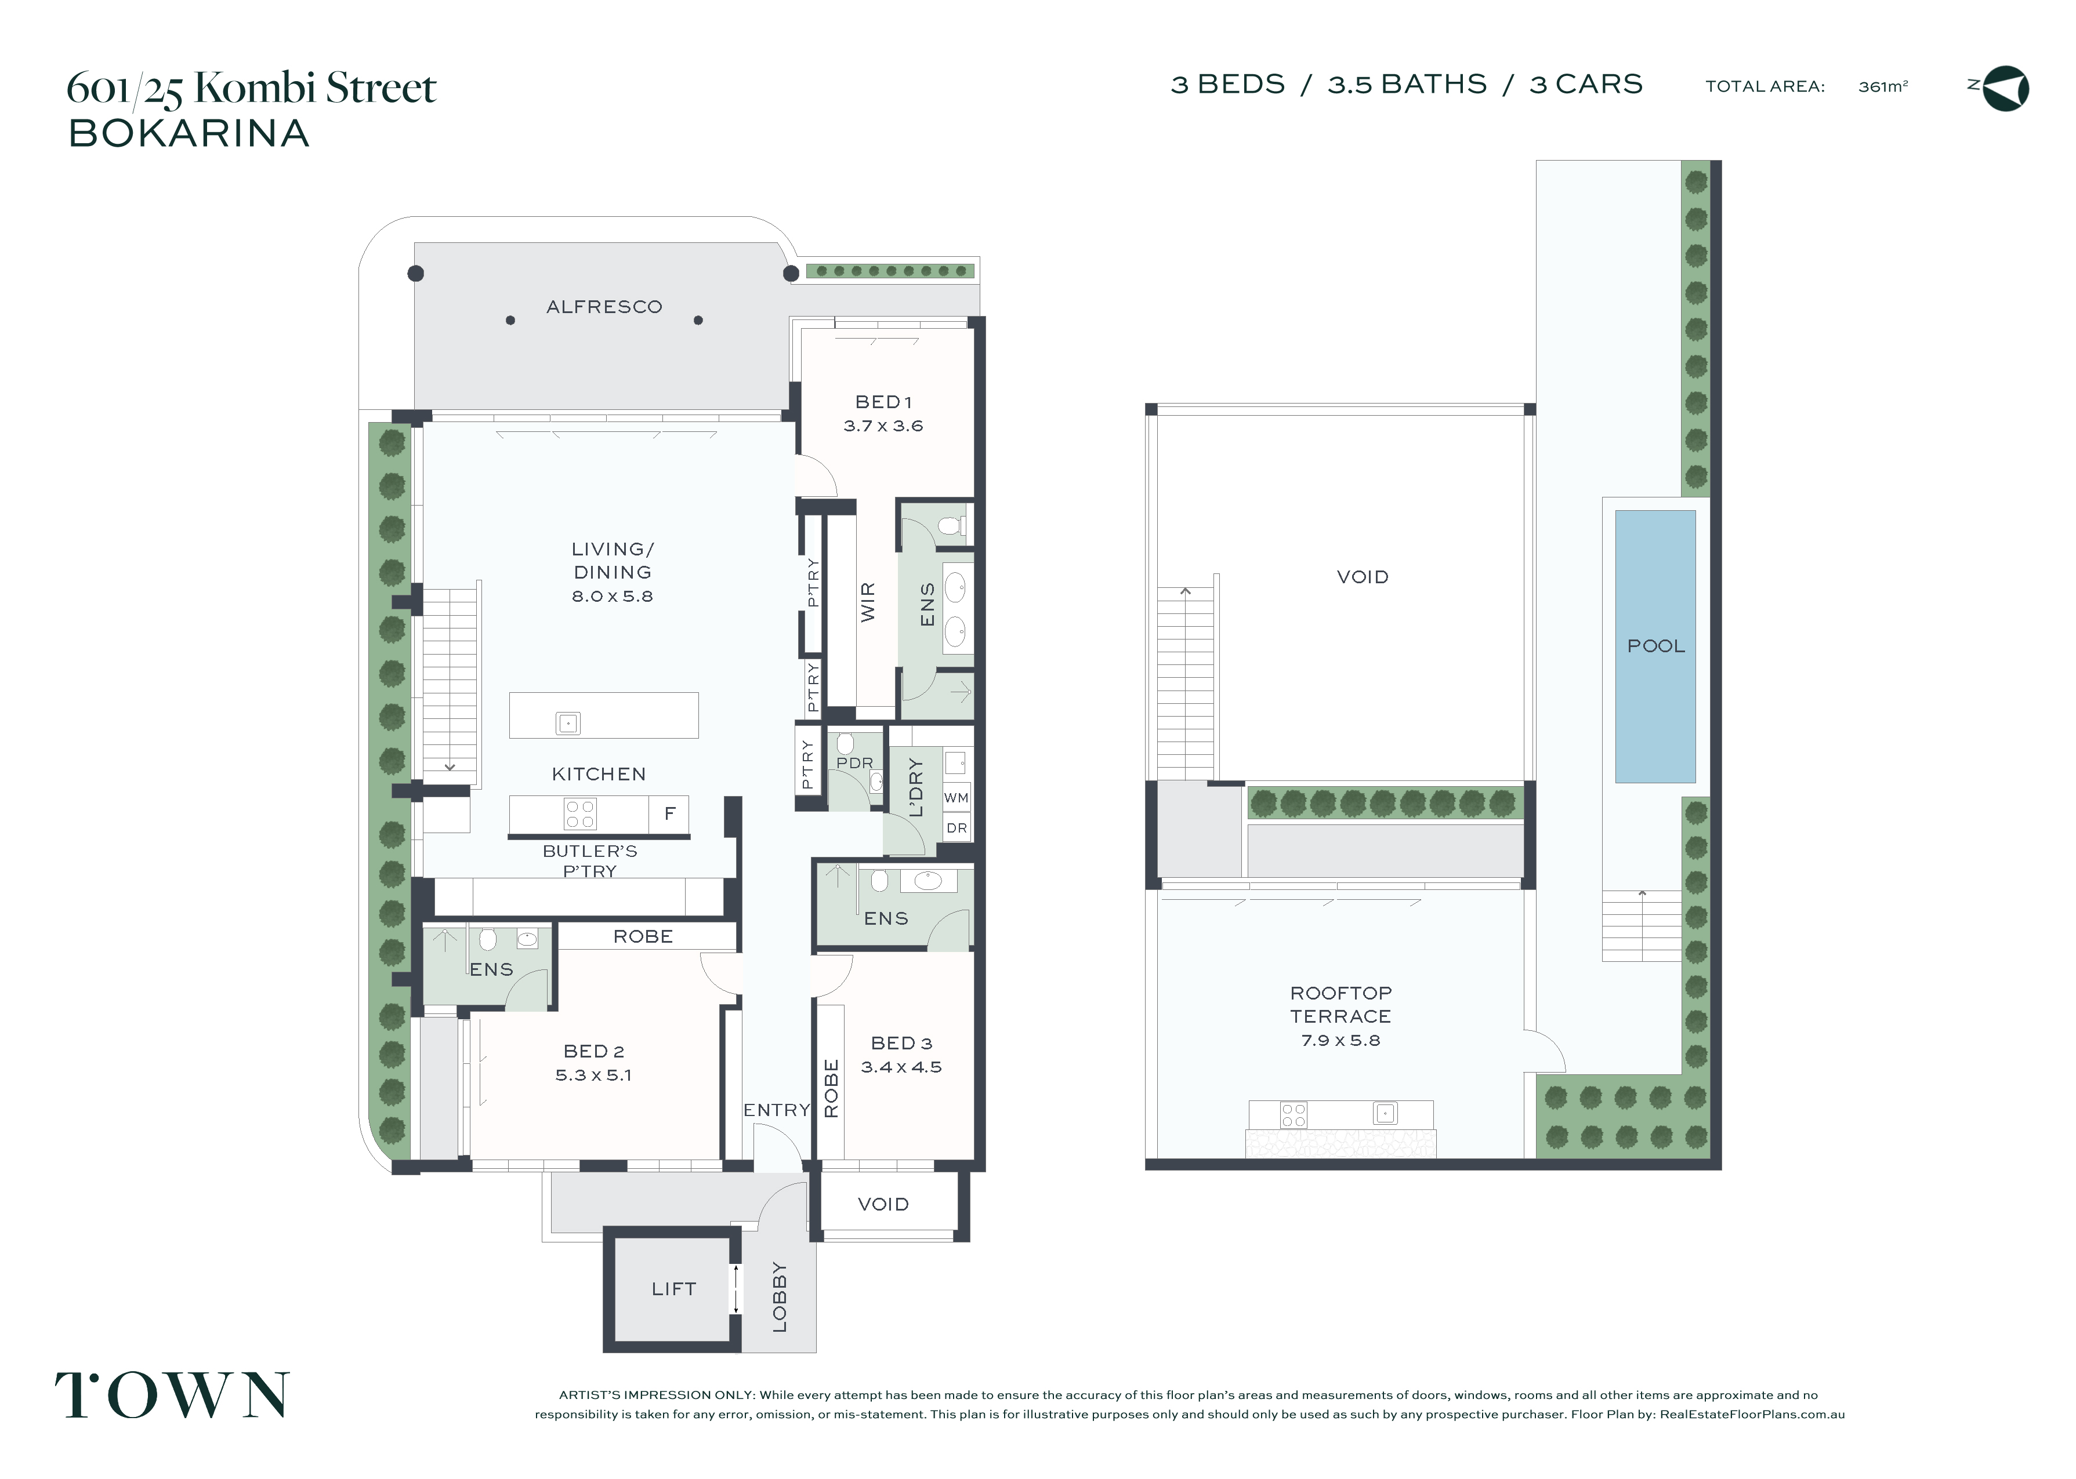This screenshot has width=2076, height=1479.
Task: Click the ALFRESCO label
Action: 604,307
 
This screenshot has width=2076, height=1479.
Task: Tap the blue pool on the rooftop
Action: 1655,646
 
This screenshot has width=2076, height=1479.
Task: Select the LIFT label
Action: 673,1289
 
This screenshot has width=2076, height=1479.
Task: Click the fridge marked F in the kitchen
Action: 669,813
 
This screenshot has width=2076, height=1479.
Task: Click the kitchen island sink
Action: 567,723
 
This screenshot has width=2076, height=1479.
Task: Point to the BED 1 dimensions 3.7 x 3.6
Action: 883,426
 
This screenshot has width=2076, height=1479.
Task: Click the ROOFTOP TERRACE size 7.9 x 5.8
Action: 1340,1040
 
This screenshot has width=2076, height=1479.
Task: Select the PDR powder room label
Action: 854,763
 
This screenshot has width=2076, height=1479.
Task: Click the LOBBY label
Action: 780,1297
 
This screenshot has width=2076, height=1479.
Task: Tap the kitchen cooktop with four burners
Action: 580,813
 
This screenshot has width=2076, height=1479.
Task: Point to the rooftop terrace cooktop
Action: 1294,1115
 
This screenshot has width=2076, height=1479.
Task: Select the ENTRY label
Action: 776,1110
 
